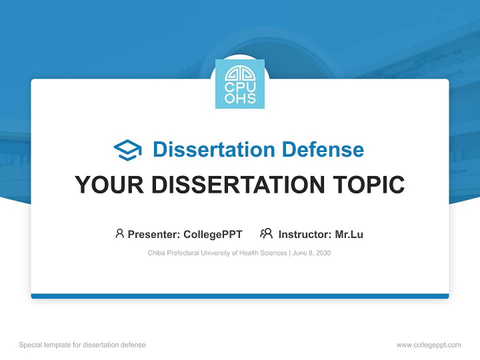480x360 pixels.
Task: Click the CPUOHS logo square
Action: pos(240,84)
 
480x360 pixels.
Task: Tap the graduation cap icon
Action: pos(127,150)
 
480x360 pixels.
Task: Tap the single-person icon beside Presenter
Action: pos(119,233)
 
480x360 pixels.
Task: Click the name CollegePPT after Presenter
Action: pos(213,234)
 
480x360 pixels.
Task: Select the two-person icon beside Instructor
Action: pos(266,233)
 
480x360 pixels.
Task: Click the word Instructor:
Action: pos(304,234)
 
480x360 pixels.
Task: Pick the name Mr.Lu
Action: pos(349,234)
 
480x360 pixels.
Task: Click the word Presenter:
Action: pos(154,234)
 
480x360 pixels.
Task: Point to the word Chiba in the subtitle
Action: pos(156,253)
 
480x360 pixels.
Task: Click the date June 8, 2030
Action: pos(311,253)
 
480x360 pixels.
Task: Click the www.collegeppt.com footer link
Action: pos(428,345)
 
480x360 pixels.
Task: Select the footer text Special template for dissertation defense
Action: pos(82,345)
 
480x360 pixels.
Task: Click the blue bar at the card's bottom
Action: pos(240,296)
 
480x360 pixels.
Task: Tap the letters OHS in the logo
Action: pos(240,98)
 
